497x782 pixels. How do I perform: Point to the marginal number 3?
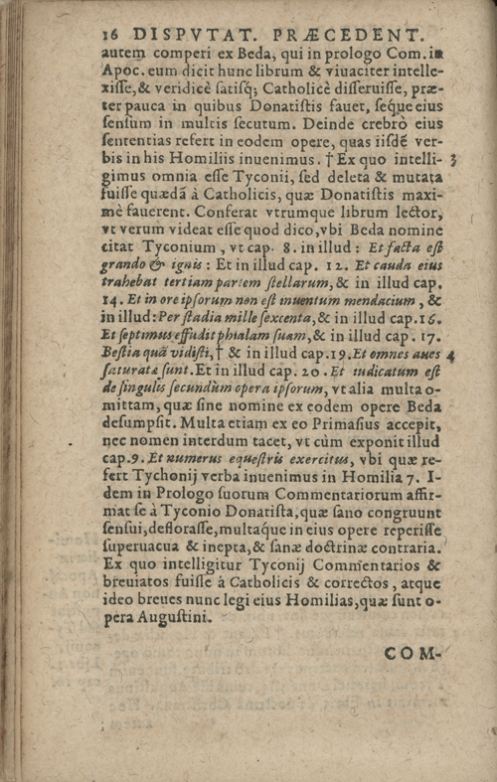click(x=452, y=159)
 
